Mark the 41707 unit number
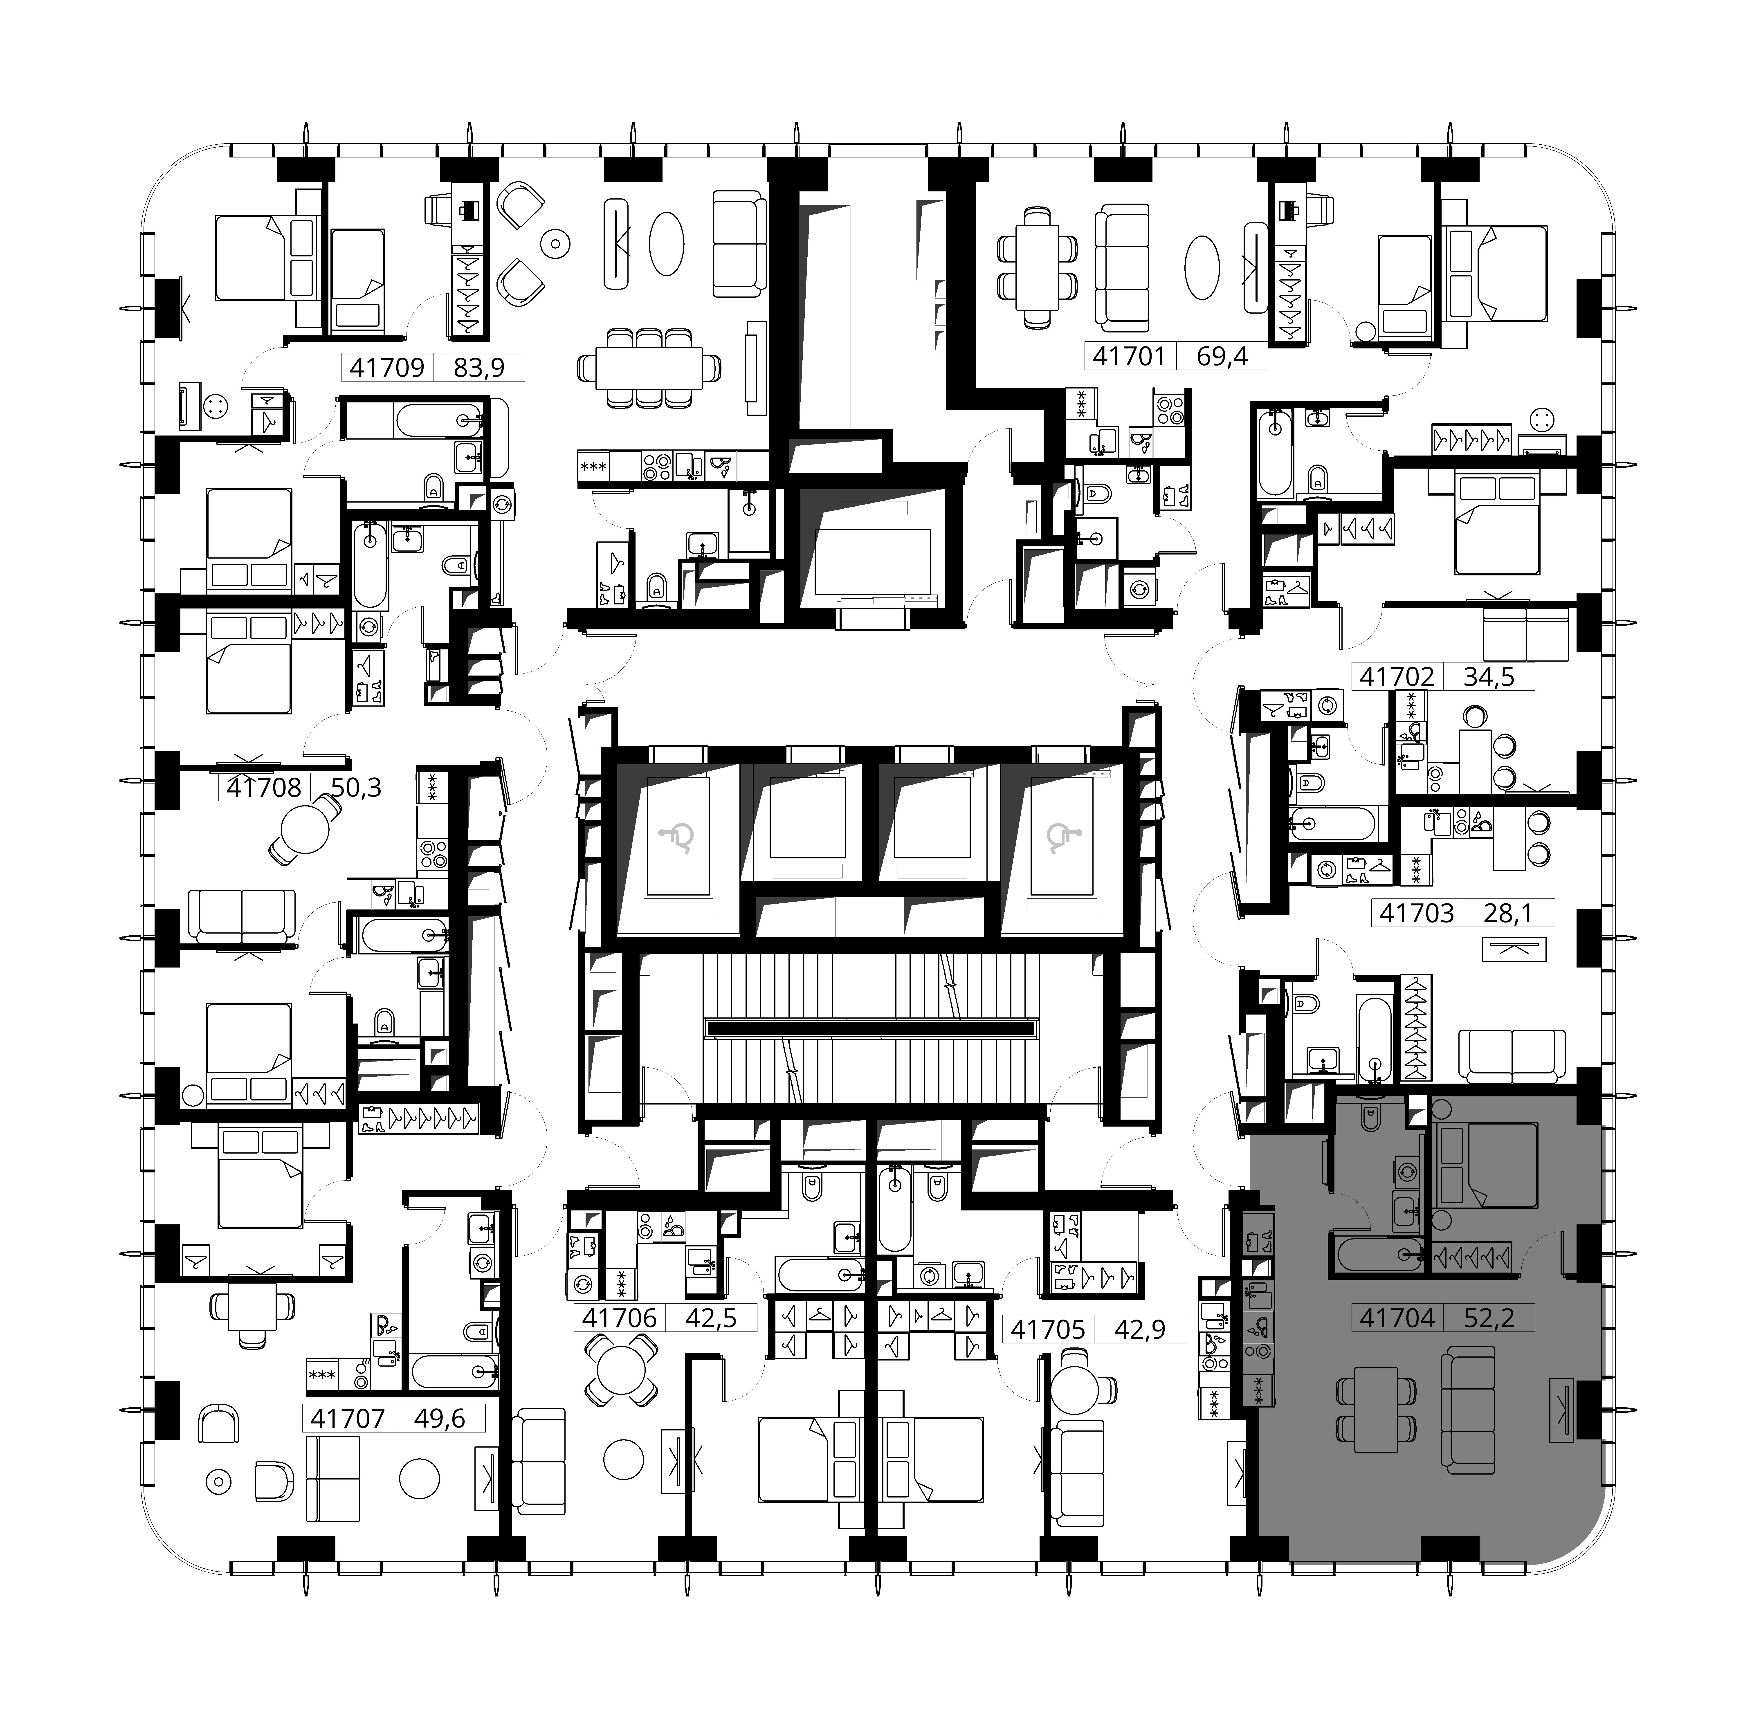(x=347, y=1419)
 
